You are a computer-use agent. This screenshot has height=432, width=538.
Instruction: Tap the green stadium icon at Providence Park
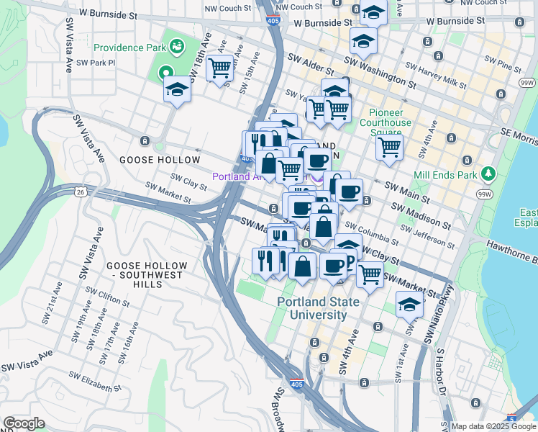pos(176,48)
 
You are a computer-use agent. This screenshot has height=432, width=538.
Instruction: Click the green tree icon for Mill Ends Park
pos(489,174)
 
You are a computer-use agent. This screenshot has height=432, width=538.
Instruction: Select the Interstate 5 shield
pos(511,418)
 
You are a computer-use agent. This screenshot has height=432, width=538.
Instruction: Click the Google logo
pos(24,423)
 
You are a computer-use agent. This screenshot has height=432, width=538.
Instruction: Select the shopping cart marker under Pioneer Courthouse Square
pos(389,147)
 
